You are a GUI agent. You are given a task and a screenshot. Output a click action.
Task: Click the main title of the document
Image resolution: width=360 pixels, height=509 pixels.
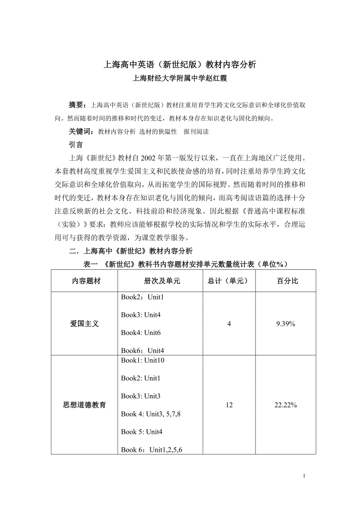pyautogui.click(x=180, y=65)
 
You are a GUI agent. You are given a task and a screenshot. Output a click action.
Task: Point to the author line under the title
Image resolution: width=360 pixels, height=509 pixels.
pyautogui.click(x=180, y=78)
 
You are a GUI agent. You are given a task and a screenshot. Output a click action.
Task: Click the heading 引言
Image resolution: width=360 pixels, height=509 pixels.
pyautogui.click(x=76, y=145)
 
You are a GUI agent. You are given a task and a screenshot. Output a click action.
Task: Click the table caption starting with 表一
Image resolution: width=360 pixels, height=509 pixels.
pyautogui.click(x=185, y=264)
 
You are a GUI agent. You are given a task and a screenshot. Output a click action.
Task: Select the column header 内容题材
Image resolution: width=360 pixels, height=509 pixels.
pyautogui.click(x=85, y=281)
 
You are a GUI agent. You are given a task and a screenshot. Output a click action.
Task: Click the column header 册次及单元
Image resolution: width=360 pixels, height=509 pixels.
pyautogui.click(x=160, y=281)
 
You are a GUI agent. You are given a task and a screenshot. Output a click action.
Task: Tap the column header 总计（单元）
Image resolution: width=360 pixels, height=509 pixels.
pyautogui.click(x=229, y=281)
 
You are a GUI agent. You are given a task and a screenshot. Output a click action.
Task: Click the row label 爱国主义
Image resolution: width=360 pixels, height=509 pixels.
pyautogui.click(x=85, y=324)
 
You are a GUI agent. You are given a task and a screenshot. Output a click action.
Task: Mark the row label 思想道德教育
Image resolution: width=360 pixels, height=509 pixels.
pyautogui.click(x=85, y=405)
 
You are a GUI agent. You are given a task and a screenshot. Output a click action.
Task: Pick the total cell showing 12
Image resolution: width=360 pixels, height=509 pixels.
pyautogui.click(x=229, y=405)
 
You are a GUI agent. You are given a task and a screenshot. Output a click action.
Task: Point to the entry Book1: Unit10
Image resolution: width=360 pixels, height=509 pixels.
pyautogui.click(x=142, y=360)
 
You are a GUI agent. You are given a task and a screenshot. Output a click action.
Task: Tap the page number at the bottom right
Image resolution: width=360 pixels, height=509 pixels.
pyautogui.click(x=304, y=476)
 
